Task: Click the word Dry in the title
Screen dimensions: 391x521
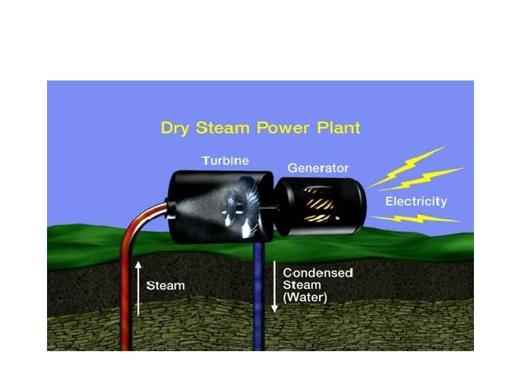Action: [x=175, y=130]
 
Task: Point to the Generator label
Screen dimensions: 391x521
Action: [x=316, y=167]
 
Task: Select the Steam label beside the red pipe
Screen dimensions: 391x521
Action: [x=166, y=285]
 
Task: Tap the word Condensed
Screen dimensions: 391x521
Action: [x=318, y=273]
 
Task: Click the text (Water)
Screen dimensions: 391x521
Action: [x=305, y=298]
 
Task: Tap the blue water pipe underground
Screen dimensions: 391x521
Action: [x=258, y=304]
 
